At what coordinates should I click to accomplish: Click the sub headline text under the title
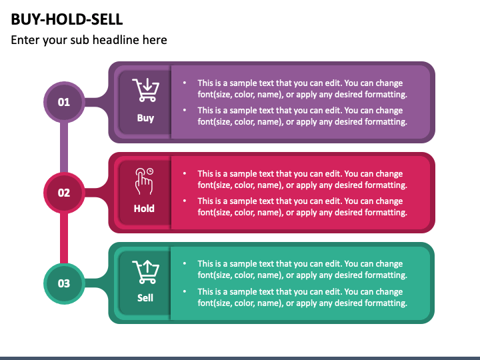pos(89,40)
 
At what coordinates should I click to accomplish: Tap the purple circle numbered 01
pos(64,102)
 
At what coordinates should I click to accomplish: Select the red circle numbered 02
pos(64,193)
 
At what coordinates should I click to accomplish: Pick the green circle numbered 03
pos(64,283)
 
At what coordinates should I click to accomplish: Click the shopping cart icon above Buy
pos(145,90)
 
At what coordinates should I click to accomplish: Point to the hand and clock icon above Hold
pos(144,180)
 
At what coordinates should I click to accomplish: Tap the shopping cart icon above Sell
pos(145,271)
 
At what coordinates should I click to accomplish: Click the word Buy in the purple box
pos(145,118)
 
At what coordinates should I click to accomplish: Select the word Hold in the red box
pos(144,208)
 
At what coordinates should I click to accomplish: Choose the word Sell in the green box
pos(145,298)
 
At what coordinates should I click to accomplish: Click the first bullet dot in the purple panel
pos(185,83)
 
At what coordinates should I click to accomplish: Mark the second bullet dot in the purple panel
pos(185,111)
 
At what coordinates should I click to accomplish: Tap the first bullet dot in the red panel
pos(185,174)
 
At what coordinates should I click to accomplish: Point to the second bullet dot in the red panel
pos(185,201)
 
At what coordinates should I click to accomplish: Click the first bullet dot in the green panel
pos(185,264)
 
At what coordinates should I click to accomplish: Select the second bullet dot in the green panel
pos(185,291)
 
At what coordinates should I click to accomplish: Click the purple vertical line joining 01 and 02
pos(64,147)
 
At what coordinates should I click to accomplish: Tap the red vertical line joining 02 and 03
pos(64,237)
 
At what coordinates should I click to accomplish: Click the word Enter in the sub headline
pos(25,40)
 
